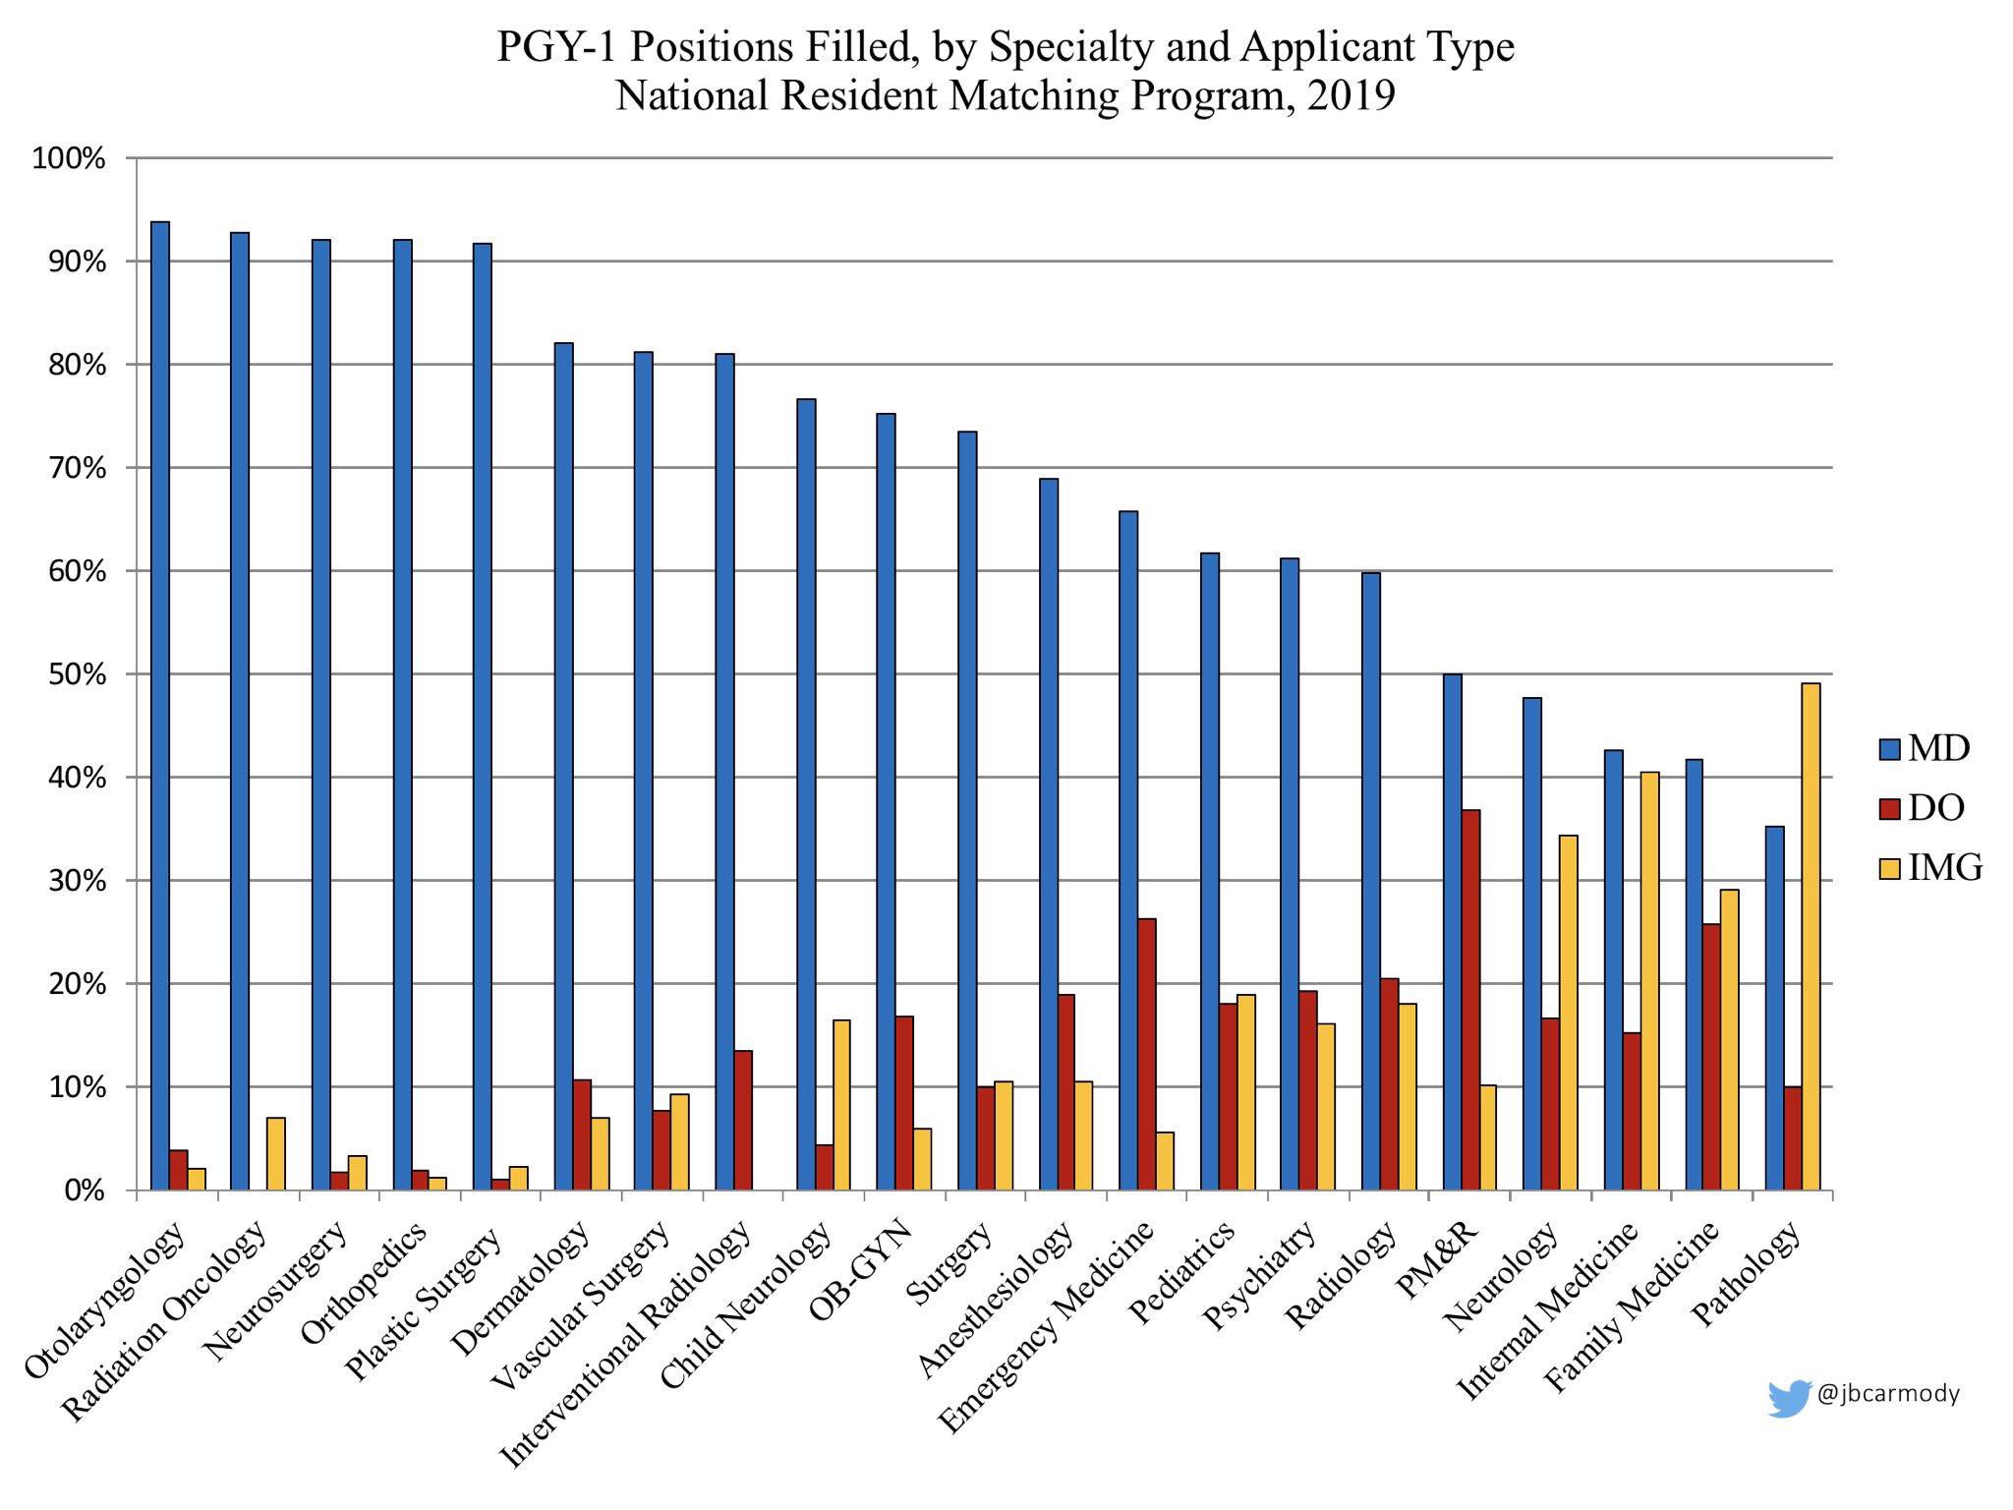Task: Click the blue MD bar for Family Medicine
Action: pyautogui.click(x=1694, y=974)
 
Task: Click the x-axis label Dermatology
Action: pyautogui.click(x=522, y=1287)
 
